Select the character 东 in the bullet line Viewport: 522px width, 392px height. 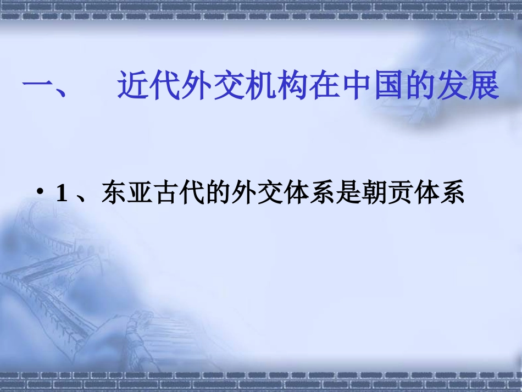(113, 193)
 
